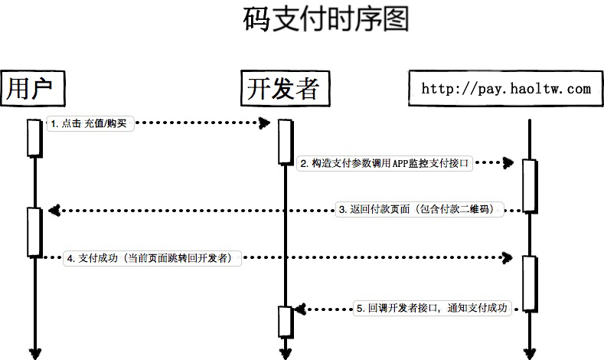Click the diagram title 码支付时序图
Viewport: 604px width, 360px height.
click(x=326, y=19)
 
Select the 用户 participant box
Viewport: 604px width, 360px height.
click(x=32, y=88)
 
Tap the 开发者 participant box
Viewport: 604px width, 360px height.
click(x=285, y=88)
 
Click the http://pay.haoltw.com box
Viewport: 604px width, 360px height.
click(x=506, y=88)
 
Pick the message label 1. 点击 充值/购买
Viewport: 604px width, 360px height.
click(x=90, y=124)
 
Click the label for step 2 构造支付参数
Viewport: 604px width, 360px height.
click(x=384, y=163)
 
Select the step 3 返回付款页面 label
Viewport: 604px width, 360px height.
click(x=420, y=209)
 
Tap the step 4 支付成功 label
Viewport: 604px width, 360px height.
click(x=152, y=258)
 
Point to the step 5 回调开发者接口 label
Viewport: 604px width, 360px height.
click(x=433, y=309)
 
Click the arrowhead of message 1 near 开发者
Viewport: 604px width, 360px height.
click(x=264, y=123)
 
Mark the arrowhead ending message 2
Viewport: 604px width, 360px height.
click(x=508, y=162)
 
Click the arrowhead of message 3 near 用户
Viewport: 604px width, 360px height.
click(x=54, y=211)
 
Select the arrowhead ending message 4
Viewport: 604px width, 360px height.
click(x=508, y=257)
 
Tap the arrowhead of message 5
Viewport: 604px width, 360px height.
click(x=300, y=309)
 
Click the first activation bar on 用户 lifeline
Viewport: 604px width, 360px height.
click(x=34, y=138)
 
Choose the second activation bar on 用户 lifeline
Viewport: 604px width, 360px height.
click(x=34, y=232)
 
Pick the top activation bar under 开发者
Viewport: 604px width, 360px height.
click(x=286, y=142)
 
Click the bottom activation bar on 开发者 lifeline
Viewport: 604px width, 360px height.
click(x=286, y=322)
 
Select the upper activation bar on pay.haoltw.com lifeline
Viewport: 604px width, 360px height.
click(x=530, y=185)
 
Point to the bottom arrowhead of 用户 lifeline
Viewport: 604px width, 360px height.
click(x=35, y=353)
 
